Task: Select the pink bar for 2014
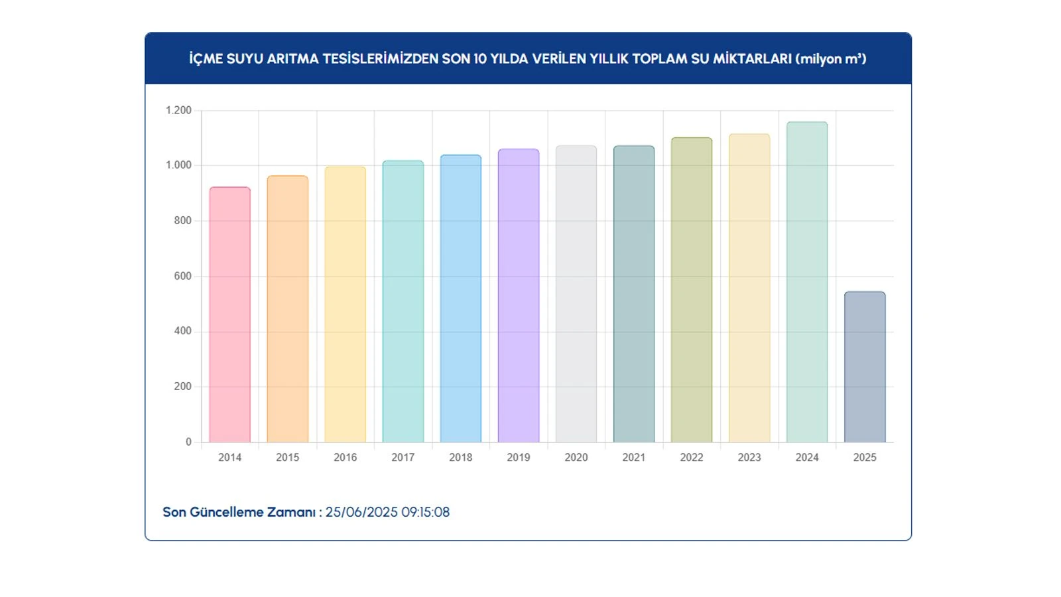pos(229,315)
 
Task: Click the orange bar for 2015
pos(287,309)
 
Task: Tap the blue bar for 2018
pos(460,298)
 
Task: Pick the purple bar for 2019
pos(518,296)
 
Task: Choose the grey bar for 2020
pos(576,294)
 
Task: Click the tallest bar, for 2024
pos(806,282)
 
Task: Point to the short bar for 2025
pos(864,367)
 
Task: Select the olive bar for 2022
pos(691,290)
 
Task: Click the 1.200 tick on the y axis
pos(178,110)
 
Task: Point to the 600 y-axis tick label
pos(182,276)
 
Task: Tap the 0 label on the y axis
pos(188,442)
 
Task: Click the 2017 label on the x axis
pos(403,458)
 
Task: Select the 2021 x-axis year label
pos(633,458)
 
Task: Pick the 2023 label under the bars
pos(749,458)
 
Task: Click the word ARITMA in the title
pos(292,59)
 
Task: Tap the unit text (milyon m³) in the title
pos(830,59)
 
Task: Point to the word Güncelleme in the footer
pos(219,512)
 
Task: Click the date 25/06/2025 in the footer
pos(361,512)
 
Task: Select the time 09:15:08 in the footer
pos(425,512)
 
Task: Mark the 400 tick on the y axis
pos(182,331)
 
